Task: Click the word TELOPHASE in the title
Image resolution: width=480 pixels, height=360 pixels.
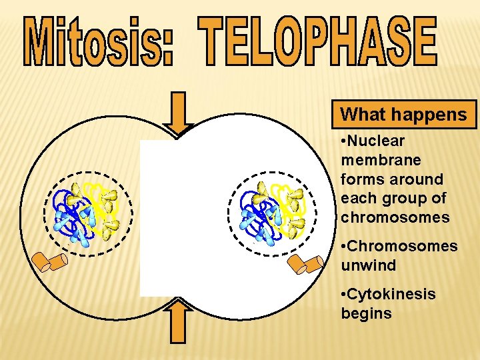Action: [319, 41]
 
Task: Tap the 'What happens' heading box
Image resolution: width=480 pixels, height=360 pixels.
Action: [404, 115]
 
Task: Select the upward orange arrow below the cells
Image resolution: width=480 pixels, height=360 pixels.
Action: [179, 322]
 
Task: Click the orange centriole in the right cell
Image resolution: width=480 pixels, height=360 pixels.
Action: [305, 265]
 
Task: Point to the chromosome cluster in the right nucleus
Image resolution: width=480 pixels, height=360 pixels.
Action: [273, 210]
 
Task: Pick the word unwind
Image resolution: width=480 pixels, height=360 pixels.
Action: [368, 266]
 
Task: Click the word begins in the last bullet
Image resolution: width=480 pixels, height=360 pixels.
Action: [366, 314]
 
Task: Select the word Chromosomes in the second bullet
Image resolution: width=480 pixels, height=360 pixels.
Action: [404, 247]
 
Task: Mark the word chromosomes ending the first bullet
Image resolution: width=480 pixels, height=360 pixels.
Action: [395, 218]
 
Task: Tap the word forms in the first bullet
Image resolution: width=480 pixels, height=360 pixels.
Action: [360, 180]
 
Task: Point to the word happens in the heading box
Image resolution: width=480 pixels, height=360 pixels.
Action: [432, 115]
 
